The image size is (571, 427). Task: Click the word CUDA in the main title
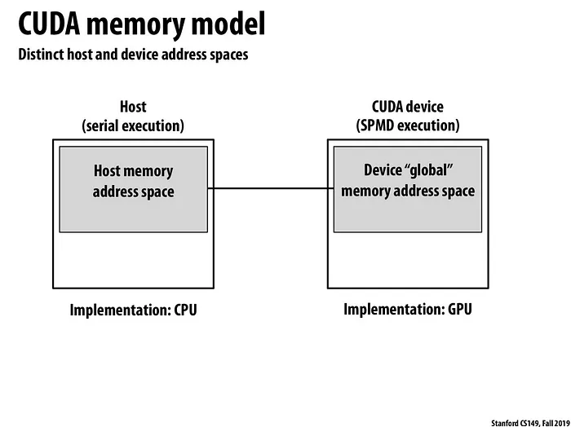[49, 24]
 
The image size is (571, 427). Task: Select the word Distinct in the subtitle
[41, 55]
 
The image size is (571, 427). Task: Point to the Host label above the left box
[133, 107]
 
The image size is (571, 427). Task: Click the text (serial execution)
[133, 125]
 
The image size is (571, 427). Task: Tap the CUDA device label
[408, 107]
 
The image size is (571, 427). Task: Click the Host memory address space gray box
[134, 189]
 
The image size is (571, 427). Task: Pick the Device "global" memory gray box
[408, 189]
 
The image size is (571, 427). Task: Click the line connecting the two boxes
[271, 188]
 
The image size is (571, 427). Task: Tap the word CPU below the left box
[185, 310]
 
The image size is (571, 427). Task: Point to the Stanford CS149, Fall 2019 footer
[530, 423]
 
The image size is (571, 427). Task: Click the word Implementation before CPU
[121, 310]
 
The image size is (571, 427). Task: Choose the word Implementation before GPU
[394, 310]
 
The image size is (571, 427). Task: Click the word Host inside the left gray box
[107, 170]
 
